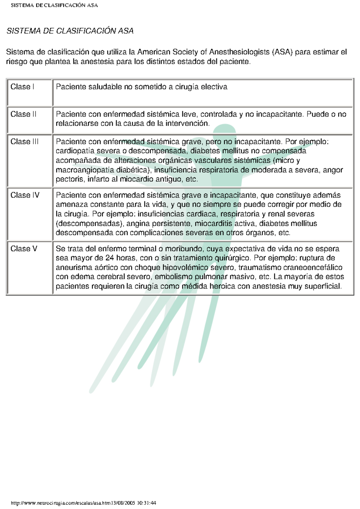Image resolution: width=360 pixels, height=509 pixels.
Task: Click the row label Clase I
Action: [x=22, y=87]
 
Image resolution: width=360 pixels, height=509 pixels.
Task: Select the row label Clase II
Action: [x=23, y=114]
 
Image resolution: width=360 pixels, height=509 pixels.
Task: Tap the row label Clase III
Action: [x=24, y=141]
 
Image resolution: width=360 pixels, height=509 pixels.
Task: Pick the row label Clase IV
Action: [x=25, y=195]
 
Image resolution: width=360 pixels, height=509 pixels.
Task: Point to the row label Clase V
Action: [x=24, y=249]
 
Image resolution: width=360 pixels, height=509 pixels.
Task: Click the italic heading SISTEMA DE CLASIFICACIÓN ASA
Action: [x=70, y=31]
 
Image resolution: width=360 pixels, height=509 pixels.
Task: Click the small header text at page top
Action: [x=54, y=5]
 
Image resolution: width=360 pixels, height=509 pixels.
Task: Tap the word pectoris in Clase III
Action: [x=70, y=179]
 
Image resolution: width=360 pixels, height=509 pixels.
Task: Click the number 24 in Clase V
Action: [x=110, y=258]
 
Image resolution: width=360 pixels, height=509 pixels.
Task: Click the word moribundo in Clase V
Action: [x=183, y=249]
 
